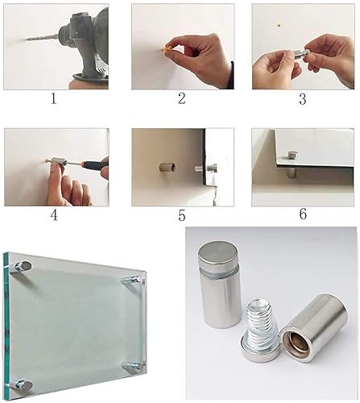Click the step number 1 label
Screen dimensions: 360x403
54,99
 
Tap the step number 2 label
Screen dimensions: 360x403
182,98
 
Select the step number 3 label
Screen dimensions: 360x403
303,99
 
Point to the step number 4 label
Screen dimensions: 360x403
54,215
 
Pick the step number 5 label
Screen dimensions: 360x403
182,215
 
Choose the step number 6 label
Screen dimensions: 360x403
303,214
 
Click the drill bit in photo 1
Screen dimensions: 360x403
42,38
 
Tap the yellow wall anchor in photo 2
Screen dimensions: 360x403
167,49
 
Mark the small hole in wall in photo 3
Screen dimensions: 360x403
279,25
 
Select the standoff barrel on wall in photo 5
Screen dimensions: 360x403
168,167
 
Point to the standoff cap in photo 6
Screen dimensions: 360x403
292,155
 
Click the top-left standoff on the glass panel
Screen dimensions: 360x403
23,267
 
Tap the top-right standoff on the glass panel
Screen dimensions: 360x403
131,280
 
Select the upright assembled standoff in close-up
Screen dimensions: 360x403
220,284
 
